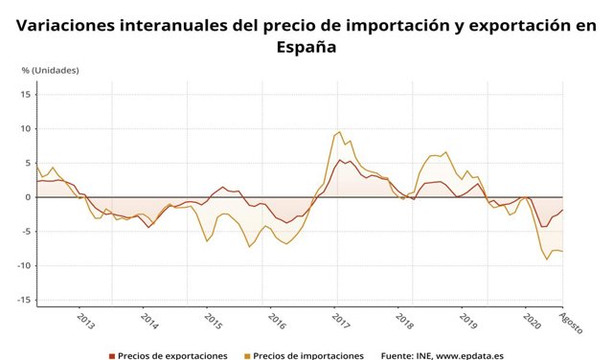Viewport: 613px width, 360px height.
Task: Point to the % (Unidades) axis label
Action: [x=52, y=71]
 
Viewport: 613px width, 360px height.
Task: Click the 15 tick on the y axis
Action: [x=27, y=94]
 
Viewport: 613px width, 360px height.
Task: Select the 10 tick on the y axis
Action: [x=27, y=128]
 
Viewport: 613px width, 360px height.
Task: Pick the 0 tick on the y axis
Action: [x=30, y=197]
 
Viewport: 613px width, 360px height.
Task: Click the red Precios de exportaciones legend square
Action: [x=111, y=355]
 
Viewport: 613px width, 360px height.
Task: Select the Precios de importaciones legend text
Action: [x=308, y=355]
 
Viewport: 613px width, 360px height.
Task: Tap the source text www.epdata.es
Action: [x=469, y=355]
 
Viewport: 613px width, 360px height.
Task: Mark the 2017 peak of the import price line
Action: [x=339, y=132]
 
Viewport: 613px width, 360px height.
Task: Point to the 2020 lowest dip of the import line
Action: [x=547, y=259]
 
